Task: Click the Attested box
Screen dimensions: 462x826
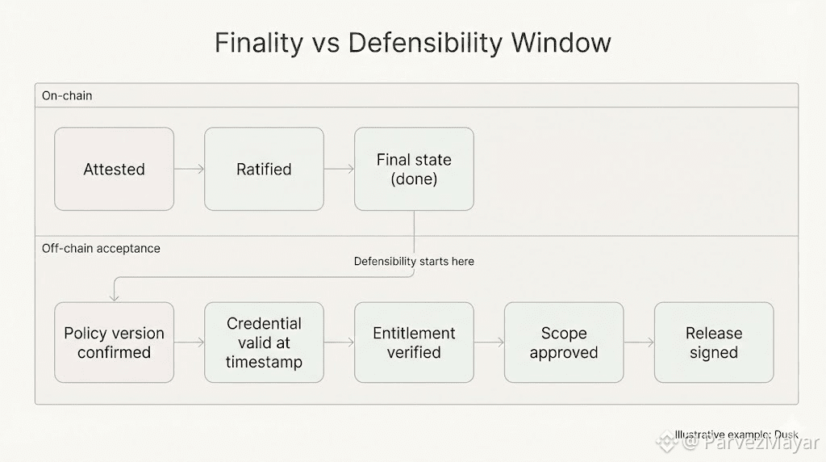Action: pyautogui.click(x=114, y=170)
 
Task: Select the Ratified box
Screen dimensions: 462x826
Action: pyautogui.click(x=264, y=170)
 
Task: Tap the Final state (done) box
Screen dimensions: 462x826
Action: pyautogui.click(x=414, y=170)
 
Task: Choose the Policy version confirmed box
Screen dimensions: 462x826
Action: pyautogui.click(x=114, y=342)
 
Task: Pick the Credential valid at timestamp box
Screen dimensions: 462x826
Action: pyautogui.click(x=264, y=342)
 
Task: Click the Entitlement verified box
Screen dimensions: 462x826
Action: pyautogui.click(x=414, y=342)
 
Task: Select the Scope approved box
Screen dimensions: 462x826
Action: pyautogui.click(x=564, y=342)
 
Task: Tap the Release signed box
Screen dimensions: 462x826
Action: pyautogui.click(x=714, y=342)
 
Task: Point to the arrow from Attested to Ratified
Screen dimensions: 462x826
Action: pyautogui.click(x=189, y=170)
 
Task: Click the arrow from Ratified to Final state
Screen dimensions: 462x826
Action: pyautogui.click(x=339, y=170)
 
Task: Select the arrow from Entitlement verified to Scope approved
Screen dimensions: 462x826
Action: pyautogui.click(x=489, y=342)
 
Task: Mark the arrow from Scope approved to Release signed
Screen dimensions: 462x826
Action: pyautogui.click(x=639, y=342)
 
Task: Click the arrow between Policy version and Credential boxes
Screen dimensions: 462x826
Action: pyautogui.click(x=189, y=342)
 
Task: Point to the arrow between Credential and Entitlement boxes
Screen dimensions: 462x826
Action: pyautogui.click(x=339, y=342)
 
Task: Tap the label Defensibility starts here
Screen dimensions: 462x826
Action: pyautogui.click(x=414, y=262)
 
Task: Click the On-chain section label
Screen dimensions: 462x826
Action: pyautogui.click(x=67, y=96)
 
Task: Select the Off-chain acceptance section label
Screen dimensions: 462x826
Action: pyautogui.click(x=101, y=249)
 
